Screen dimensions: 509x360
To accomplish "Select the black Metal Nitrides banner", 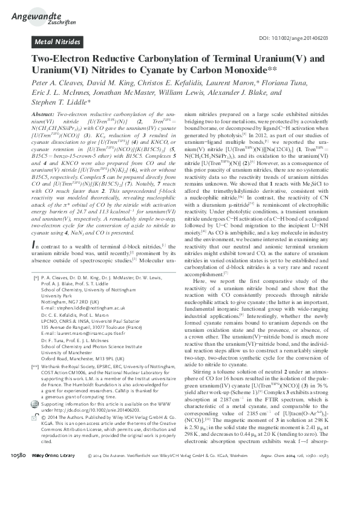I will (x=57, y=42).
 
